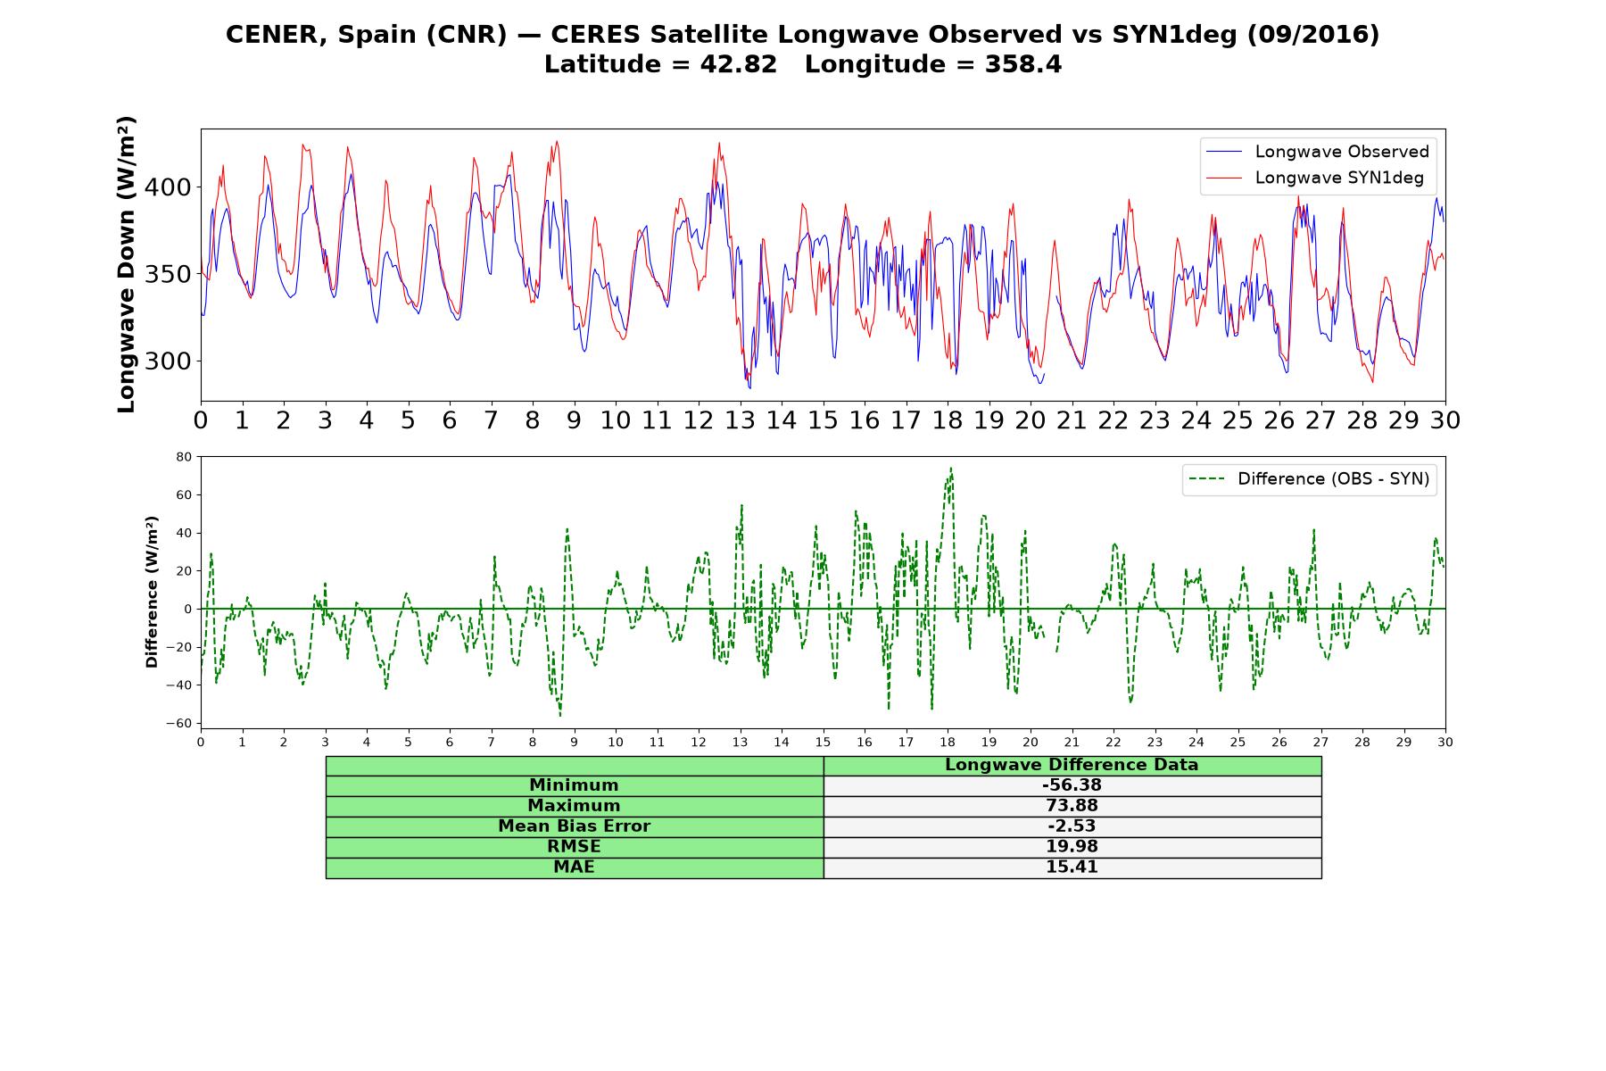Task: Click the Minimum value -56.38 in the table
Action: [x=1072, y=785]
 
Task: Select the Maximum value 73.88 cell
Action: [x=1072, y=806]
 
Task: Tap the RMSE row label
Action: [x=574, y=847]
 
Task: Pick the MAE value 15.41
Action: [x=1072, y=868]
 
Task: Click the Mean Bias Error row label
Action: [x=574, y=826]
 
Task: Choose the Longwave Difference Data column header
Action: [x=1072, y=765]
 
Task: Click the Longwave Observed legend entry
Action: [x=1317, y=152]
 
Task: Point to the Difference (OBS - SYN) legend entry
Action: [x=1308, y=479]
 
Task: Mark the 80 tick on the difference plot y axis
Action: [x=184, y=457]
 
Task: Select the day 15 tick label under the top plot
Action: [x=823, y=420]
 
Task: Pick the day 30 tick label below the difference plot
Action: [x=1445, y=743]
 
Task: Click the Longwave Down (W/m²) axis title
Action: [x=126, y=264]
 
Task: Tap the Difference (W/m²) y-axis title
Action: [x=152, y=592]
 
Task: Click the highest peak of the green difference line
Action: [x=951, y=468]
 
